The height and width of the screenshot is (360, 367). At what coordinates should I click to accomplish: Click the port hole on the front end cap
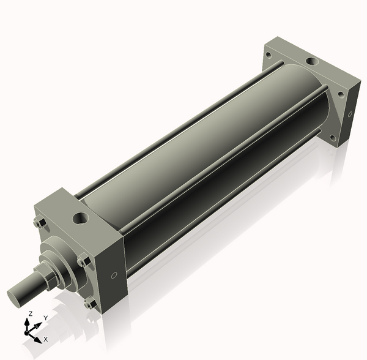pos(81,219)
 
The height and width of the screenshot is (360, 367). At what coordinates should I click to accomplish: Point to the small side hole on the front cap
pos(114,276)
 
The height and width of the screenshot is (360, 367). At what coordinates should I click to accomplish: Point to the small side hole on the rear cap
pos(350,114)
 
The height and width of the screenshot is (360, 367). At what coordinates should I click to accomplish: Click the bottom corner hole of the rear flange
pos(333,138)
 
